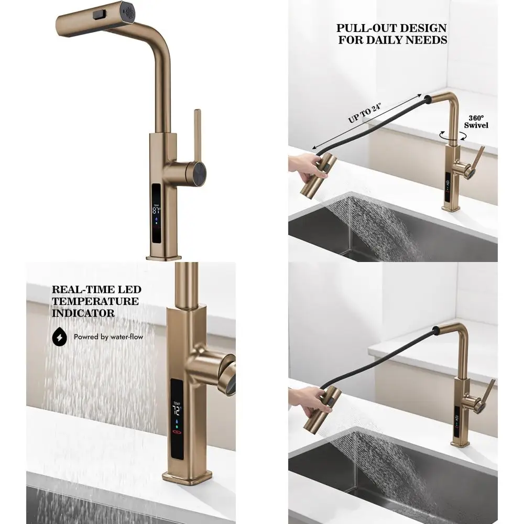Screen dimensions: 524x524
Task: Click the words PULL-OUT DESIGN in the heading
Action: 391,28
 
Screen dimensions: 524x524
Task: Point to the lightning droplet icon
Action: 60,337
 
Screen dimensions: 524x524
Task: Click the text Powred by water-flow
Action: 108,337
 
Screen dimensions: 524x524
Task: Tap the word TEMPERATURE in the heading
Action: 95,301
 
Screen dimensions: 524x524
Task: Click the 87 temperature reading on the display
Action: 156,211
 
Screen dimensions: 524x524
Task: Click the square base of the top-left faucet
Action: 163,255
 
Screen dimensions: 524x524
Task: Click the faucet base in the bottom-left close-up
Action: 179,476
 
